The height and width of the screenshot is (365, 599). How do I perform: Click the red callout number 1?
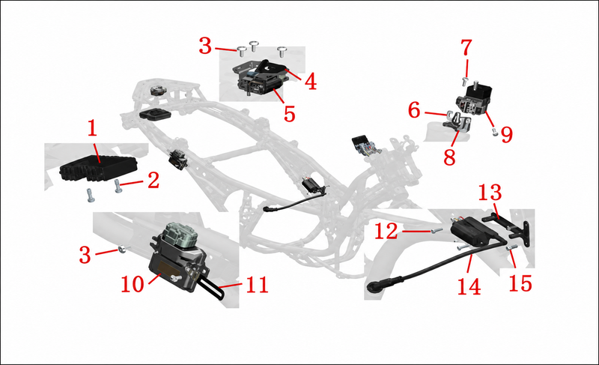point(93,128)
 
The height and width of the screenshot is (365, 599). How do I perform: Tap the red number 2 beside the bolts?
point(153,180)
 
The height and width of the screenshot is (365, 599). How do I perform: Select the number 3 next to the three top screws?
point(205,46)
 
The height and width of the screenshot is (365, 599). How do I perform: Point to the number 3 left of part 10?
point(85,255)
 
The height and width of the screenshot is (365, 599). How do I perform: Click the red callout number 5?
point(290,113)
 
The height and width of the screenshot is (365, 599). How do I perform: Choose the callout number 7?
point(466,48)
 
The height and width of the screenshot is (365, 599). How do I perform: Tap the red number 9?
point(507,135)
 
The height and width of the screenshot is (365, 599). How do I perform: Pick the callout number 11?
point(257,285)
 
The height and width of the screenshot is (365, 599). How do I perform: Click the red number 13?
point(490,193)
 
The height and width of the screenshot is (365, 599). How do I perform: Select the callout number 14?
point(469,286)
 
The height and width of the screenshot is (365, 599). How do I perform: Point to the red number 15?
point(520,283)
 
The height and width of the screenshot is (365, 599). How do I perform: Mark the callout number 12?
point(386,232)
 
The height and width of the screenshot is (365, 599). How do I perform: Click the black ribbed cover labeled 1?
point(98,168)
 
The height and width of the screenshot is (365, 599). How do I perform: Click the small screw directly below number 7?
point(465,81)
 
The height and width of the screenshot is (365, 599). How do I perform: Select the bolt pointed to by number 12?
point(437,230)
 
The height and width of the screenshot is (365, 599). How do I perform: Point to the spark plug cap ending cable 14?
point(374,287)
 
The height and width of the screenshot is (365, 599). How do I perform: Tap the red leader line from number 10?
point(155,278)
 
